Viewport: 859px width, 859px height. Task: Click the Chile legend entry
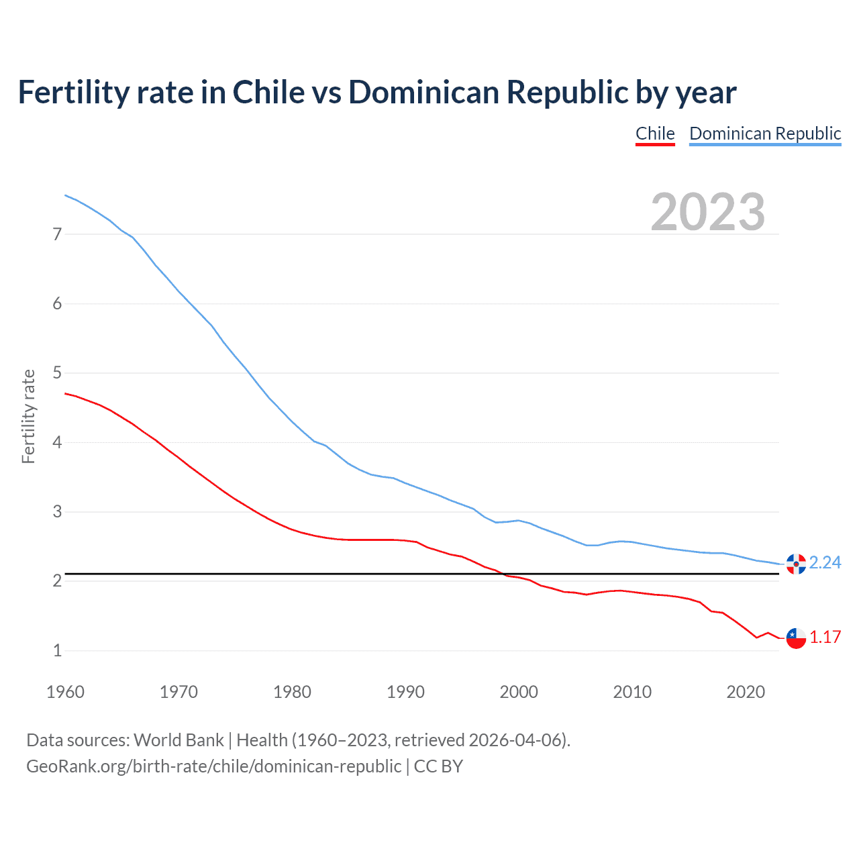click(655, 134)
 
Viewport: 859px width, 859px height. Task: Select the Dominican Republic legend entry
click(765, 134)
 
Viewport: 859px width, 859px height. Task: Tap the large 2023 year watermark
click(708, 212)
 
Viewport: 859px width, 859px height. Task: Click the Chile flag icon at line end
click(796, 638)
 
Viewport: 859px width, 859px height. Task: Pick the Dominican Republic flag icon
click(796, 564)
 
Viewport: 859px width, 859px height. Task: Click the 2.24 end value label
click(825, 562)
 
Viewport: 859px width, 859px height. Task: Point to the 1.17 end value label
click(825, 637)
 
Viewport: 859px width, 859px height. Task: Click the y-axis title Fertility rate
click(28, 416)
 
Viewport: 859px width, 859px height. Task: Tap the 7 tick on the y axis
click(58, 234)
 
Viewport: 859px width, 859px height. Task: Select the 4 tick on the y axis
click(58, 442)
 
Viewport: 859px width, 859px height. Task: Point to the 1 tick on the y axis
click(58, 650)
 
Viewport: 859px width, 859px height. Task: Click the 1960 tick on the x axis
click(65, 692)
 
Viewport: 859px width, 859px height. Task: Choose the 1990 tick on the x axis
click(405, 692)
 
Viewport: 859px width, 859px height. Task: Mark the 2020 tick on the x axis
click(746, 692)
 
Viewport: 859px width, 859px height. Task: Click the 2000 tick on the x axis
click(519, 692)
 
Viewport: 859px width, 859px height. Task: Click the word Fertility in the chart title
click(73, 92)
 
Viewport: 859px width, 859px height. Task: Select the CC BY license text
click(438, 766)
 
